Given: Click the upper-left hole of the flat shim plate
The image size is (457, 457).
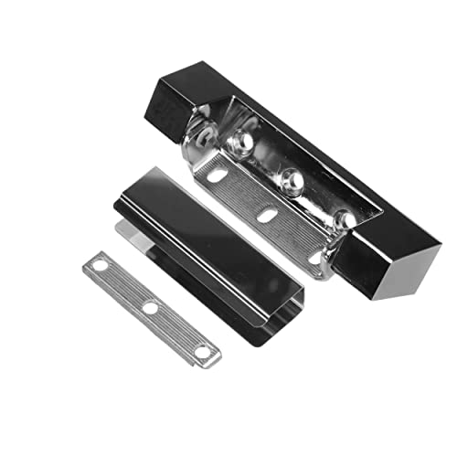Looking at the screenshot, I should point(99,265).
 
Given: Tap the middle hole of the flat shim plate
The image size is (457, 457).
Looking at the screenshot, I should point(149,308).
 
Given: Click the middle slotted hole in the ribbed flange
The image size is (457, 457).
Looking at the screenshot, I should point(267,216).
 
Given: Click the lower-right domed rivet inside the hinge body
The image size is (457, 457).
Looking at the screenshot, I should point(344,219).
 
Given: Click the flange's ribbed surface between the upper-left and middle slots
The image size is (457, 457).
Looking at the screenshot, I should point(244,193).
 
